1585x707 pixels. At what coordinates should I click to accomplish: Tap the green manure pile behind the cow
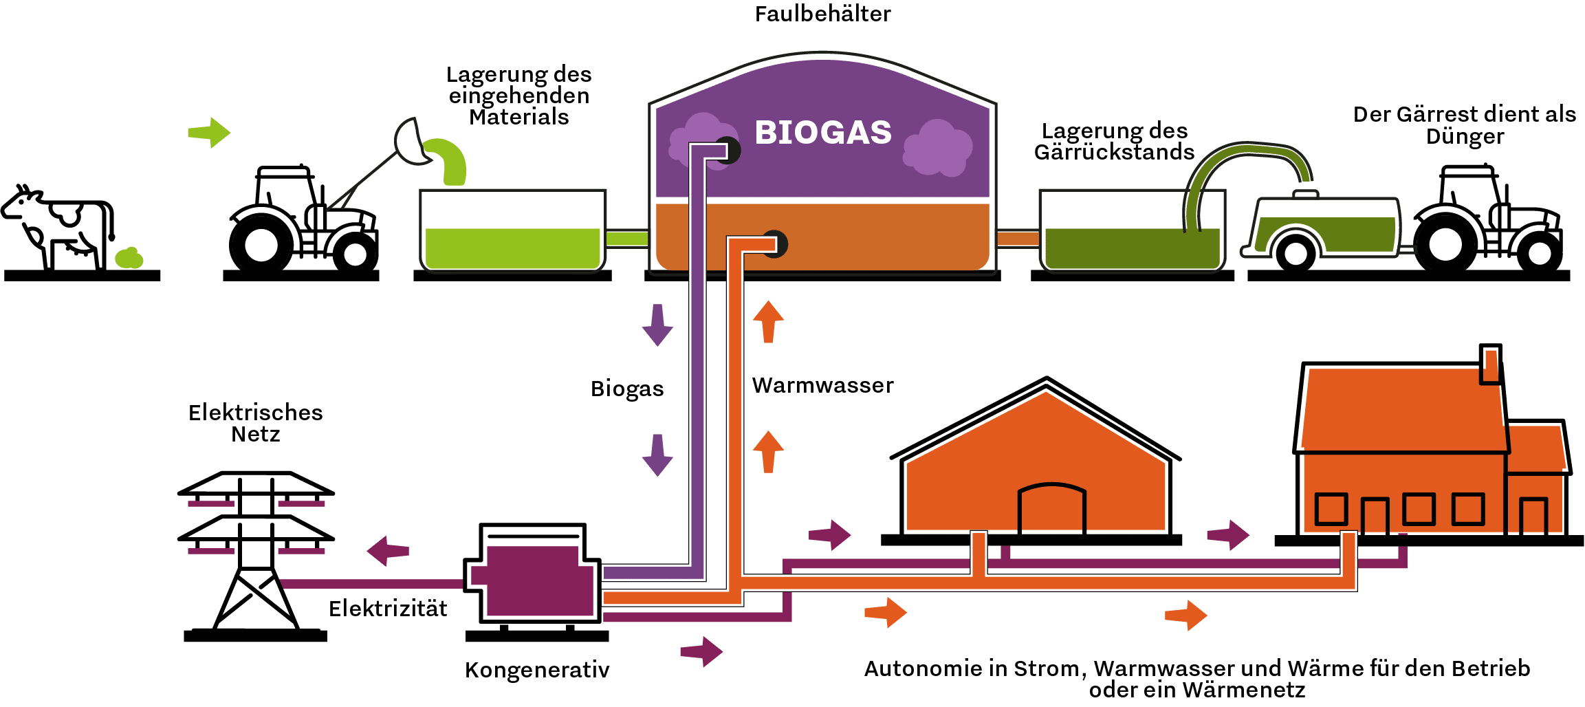[x=129, y=259]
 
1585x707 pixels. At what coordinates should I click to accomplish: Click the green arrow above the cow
[x=209, y=132]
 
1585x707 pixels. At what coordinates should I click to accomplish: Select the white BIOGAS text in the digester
[x=822, y=133]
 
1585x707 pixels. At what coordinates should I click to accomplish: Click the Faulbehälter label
[x=822, y=14]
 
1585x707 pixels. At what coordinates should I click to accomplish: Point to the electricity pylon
[x=255, y=550]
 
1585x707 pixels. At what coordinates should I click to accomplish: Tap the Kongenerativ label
[x=536, y=670]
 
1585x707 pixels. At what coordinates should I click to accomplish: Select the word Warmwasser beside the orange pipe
[x=822, y=386]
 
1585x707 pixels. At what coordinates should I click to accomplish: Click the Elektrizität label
[x=388, y=609]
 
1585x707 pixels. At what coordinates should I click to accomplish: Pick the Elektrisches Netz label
[x=255, y=424]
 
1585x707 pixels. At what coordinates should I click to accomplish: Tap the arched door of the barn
[x=1051, y=509]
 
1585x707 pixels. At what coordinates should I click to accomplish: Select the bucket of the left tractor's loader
[x=413, y=141]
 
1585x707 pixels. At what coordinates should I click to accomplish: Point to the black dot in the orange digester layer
[x=775, y=243]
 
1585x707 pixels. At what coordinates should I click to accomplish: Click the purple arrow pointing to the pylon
[x=388, y=551]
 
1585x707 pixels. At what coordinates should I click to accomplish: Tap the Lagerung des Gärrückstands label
[x=1114, y=142]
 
